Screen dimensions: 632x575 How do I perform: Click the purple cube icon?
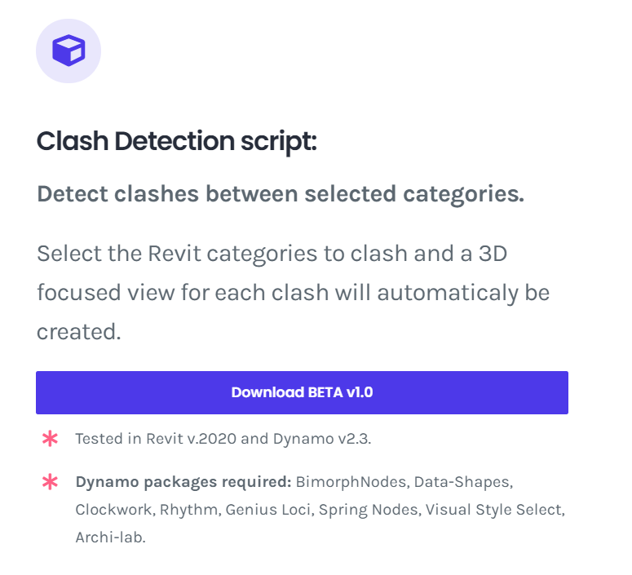point(69,51)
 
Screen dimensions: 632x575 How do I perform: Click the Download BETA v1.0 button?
point(302,392)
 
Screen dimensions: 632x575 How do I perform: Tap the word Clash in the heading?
point(73,141)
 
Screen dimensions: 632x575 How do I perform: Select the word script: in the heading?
point(279,143)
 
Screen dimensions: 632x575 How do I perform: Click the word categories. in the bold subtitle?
point(463,195)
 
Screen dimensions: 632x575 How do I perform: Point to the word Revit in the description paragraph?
point(175,254)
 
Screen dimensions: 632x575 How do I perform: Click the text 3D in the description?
point(493,254)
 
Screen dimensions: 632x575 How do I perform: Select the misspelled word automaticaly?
point(448,293)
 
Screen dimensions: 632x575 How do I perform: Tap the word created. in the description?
point(79,332)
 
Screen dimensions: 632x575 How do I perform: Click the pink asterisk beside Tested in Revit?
point(50,438)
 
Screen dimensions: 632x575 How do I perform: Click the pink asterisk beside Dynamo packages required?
point(50,481)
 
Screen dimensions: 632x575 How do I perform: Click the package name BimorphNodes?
point(352,482)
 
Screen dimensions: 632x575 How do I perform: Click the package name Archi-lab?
point(110,537)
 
